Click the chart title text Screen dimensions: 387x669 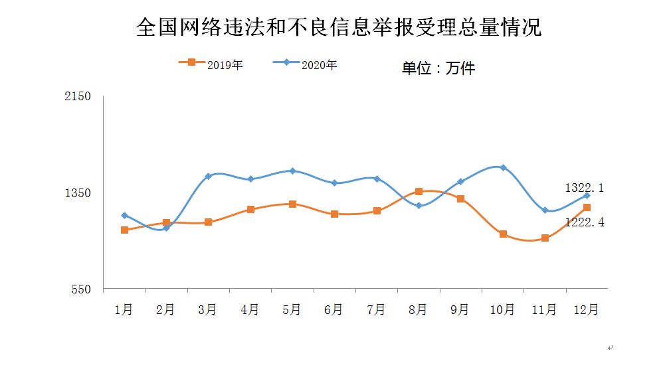click(x=338, y=27)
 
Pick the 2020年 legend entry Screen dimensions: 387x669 click(x=306, y=64)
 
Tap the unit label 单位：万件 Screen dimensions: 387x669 click(x=438, y=68)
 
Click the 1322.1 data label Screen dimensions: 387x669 click(x=584, y=188)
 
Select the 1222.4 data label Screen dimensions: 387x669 click(x=584, y=222)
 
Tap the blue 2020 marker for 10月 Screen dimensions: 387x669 click(x=503, y=167)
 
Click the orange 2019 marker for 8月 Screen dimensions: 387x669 click(x=419, y=191)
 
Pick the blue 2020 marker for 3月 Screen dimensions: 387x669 click(x=208, y=176)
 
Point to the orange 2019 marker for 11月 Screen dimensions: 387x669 click(x=545, y=238)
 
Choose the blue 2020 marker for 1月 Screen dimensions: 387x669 click(x=124, y=215)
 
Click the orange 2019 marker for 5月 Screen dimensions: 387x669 click(x=292, y=204)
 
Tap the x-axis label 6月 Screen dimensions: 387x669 click(x=334, y=309)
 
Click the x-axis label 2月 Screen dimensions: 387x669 click(x=165, y=309)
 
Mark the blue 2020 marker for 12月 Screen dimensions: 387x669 click(x=587, y=195)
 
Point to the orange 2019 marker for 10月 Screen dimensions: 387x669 click(x=503, y=234)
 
